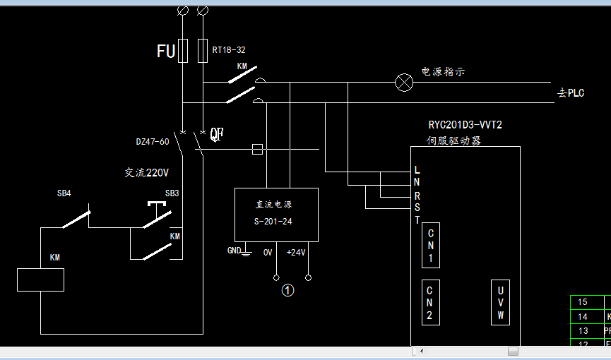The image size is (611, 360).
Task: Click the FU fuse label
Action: point(165,51)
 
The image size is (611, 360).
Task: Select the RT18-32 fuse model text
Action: point(229,50)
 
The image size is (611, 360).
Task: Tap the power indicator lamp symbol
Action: point(404,83)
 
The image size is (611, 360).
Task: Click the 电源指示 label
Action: point(443,71)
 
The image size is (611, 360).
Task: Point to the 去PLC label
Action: point(571,93)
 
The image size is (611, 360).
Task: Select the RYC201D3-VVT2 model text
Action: point(465,125)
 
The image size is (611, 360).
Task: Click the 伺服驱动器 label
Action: point(453,140)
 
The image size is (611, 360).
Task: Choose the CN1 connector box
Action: point(431,244)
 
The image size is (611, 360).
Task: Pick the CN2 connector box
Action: point(429,302)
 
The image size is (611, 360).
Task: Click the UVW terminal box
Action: point(500,302)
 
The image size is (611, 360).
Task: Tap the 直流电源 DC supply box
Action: point(276,215)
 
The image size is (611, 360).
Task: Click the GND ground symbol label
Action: point(234,251)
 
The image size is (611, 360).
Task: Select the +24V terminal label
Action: point(295,252)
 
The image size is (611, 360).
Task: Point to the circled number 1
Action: point(287,289)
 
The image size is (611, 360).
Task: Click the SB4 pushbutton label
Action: point(64,193)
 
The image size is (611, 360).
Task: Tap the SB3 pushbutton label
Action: point(172,193)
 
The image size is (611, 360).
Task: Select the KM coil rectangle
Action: point(40,280)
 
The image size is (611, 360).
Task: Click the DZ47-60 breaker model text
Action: point(153,141)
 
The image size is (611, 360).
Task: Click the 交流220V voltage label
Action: point(147,172)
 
